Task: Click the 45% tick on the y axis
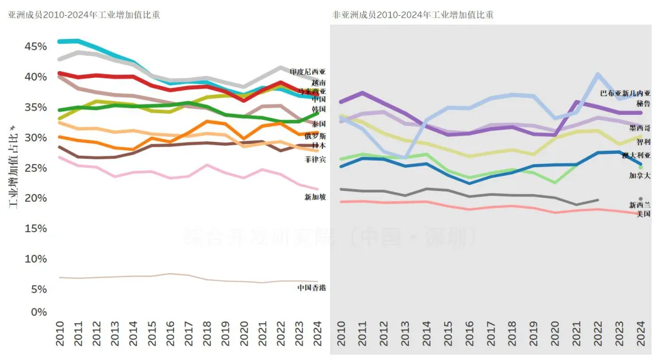tap(35, 47)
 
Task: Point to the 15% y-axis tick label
tap(35, 229)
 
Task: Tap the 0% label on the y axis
tap(39, 312)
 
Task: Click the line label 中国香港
tap(311, 287)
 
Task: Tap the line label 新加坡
tap(315, 197)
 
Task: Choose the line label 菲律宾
tap(315, 159)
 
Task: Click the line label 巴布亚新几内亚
tap(625, 94)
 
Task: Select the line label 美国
tap(643, 214)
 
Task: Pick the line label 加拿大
tap(639, 176)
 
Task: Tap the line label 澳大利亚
tap(636, 156)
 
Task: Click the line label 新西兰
tap(639, 206)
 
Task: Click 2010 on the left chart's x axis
tap(60, 334)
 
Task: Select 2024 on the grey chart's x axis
tap(640, 334)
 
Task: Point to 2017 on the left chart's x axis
tap(188, 334)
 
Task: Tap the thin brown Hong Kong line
tap(182, 276)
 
